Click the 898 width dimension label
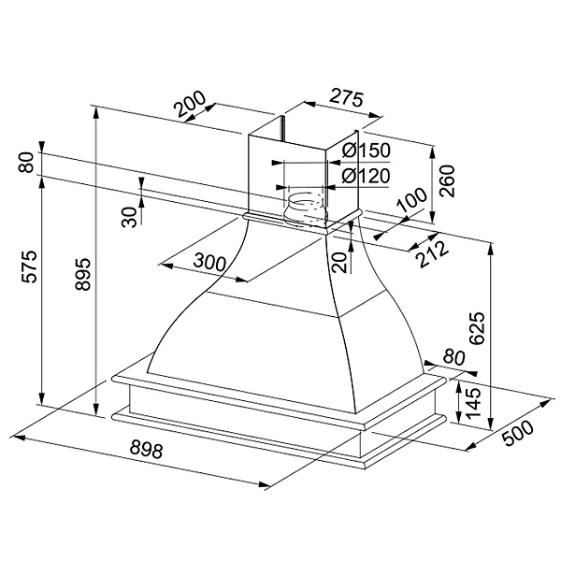145,451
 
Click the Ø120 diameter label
367,176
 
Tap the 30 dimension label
130,216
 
